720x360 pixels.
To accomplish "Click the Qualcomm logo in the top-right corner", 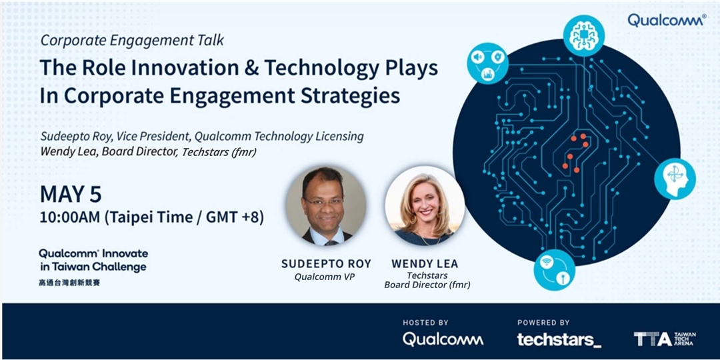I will point(666,20).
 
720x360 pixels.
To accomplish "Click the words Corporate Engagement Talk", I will point(132,40).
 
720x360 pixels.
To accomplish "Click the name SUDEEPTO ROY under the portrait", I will point(326,264).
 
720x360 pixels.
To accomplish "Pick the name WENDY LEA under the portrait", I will point(425,264).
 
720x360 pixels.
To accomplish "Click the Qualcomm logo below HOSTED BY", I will point(443,339).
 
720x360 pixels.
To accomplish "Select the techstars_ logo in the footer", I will point(559,339).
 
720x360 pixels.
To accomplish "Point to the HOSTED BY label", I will point(425,323).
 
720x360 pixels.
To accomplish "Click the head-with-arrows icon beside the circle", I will point(674,179).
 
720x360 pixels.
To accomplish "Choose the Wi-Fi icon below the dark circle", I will point(554,269).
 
